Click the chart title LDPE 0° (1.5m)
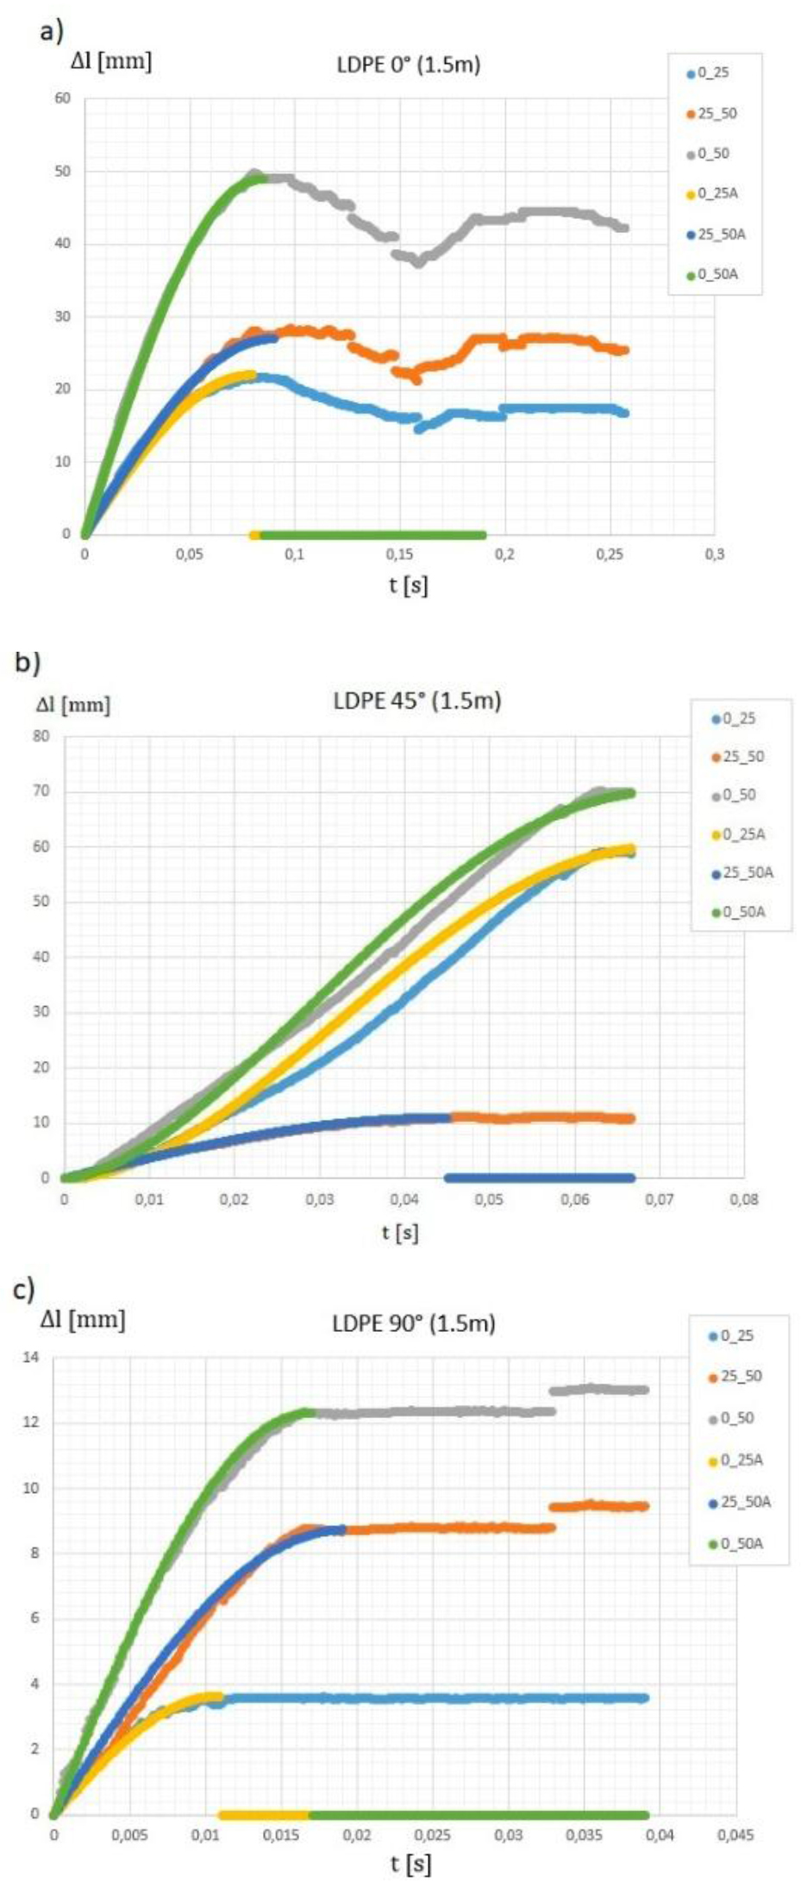[408, 65]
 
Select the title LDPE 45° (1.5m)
[417, 701]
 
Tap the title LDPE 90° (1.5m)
[414, 1323]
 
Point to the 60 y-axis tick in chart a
[63, 98]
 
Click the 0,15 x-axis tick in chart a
[400, 554]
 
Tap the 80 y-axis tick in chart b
[42, 736]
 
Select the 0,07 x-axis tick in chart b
[660, 1200]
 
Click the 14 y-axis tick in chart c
[32, 1358]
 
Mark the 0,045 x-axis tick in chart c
[735, 1836]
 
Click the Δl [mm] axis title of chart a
[110, 61]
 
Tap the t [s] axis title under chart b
[400, 1233]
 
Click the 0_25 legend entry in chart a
[712, 73]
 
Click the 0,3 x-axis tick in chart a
[715, 554]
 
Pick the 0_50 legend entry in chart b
[738, 795]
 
